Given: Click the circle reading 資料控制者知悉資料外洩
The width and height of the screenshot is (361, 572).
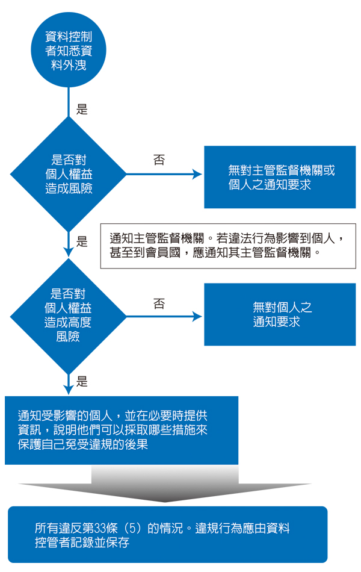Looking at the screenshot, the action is [x=68, y=50].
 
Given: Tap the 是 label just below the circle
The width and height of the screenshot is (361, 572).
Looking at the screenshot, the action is [x=82, y=109].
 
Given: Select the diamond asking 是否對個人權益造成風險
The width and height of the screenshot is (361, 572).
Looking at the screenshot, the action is [x=68, y=174].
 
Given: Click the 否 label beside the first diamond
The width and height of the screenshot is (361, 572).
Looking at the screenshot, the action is [x=159, y=160].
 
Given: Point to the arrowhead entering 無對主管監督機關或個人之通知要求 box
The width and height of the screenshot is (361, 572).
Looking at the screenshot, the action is [x=197, y=175].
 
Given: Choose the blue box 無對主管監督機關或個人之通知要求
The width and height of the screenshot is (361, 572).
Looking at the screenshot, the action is [x=280, y=177].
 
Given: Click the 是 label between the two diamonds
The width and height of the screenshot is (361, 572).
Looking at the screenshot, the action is [x=82, y=241].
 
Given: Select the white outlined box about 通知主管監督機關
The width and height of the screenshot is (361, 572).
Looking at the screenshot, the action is [x=228, y=246].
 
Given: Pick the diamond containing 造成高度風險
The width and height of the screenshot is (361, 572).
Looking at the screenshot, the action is [x=68, y=316].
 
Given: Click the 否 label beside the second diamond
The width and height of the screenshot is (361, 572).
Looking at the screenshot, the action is [x=159, y=303].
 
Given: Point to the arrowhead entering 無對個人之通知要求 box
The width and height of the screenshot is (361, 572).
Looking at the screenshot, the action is [x=197, y=316].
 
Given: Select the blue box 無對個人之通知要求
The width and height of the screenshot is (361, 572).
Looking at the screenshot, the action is [x=280, y=314].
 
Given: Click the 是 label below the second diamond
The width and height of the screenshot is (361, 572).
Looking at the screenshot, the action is [x=82, y=382].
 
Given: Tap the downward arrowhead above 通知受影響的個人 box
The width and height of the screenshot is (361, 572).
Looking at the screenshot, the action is [x=68, y=390].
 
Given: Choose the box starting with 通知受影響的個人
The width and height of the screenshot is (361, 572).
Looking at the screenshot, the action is [x=122, y=431].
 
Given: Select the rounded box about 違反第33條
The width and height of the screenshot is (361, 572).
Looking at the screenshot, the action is [x=168, y=535].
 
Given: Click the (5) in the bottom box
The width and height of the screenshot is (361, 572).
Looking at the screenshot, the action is [x=133, y=528].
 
